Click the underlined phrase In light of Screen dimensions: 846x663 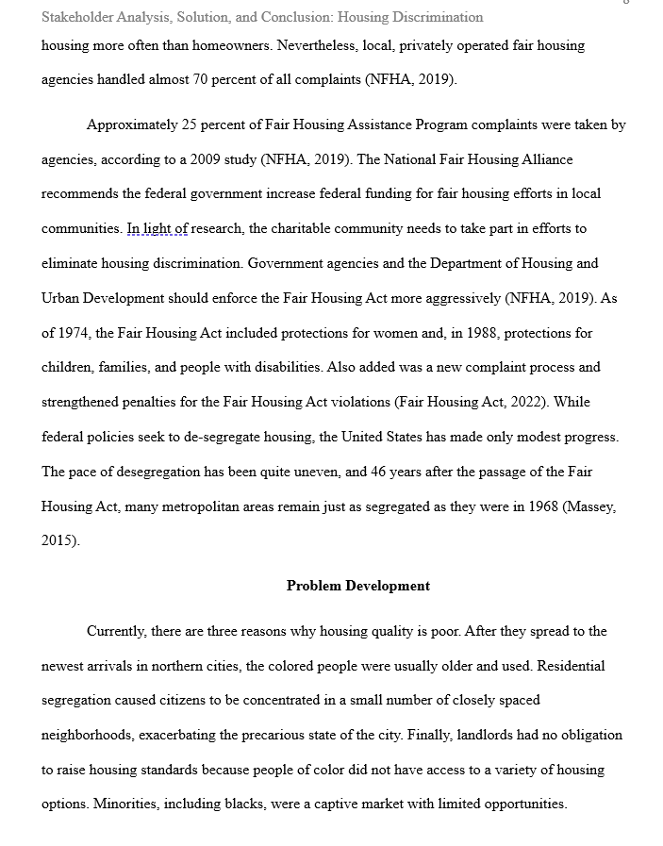coord(157,229)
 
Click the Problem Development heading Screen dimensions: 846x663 coord(358,586)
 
